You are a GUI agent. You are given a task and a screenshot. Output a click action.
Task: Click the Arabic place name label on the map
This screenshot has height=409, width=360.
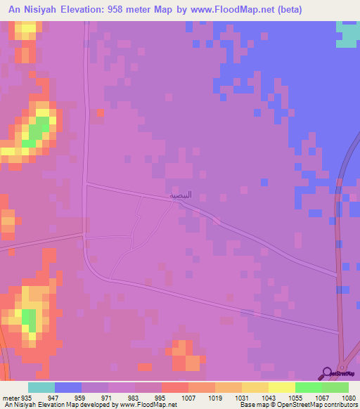(180, 195)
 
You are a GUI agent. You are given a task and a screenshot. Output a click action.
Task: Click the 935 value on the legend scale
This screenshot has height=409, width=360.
(26, 398)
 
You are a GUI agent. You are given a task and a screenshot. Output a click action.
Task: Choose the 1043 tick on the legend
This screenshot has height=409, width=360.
(269, 398)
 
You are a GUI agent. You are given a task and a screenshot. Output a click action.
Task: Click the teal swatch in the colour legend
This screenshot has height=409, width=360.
(41, 387)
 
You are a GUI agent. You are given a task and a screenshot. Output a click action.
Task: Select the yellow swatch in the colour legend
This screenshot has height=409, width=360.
(282, 387)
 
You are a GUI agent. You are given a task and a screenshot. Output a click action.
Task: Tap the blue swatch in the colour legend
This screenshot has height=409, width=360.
(68, 387)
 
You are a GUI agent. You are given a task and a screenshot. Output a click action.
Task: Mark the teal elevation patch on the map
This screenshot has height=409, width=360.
(347, 34)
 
